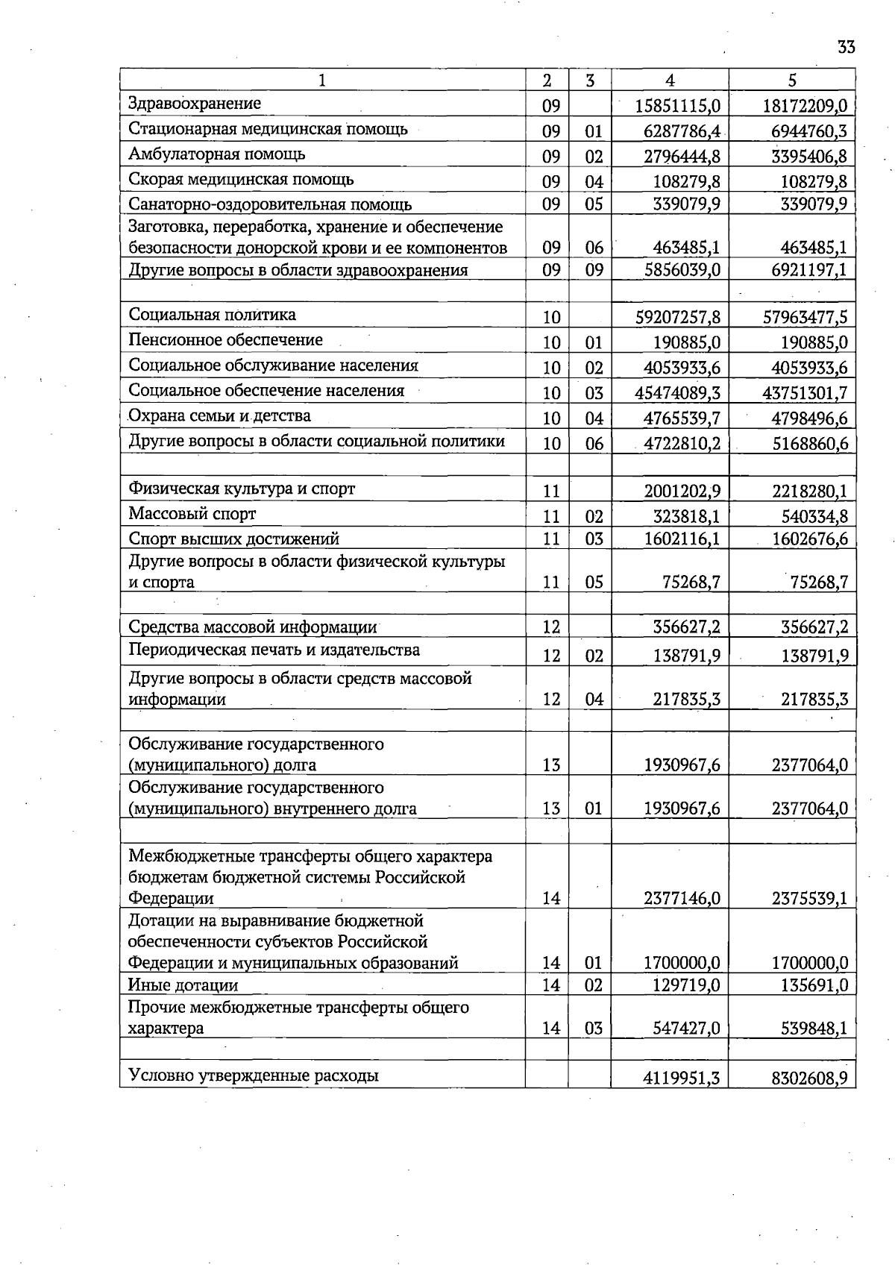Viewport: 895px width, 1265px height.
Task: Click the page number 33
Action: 846,48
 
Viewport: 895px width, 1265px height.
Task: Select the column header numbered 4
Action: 670,81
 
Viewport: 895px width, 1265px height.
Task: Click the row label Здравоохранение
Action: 195,104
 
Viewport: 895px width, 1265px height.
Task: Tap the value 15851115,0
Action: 677,106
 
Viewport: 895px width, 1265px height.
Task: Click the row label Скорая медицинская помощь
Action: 241,180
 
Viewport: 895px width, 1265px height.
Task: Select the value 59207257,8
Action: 677,317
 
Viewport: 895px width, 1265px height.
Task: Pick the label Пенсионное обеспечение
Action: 225,340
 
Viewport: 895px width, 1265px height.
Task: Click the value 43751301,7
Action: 805,393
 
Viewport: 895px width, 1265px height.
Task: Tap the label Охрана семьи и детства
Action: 219,416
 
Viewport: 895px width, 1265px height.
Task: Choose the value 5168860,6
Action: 809,444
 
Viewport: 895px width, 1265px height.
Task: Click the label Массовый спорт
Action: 192,514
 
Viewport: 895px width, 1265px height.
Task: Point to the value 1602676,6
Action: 809,539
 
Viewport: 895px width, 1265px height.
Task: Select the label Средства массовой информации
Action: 252,627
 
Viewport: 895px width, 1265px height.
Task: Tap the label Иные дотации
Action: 183,985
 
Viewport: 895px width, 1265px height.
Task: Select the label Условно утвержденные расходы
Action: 253,1076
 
